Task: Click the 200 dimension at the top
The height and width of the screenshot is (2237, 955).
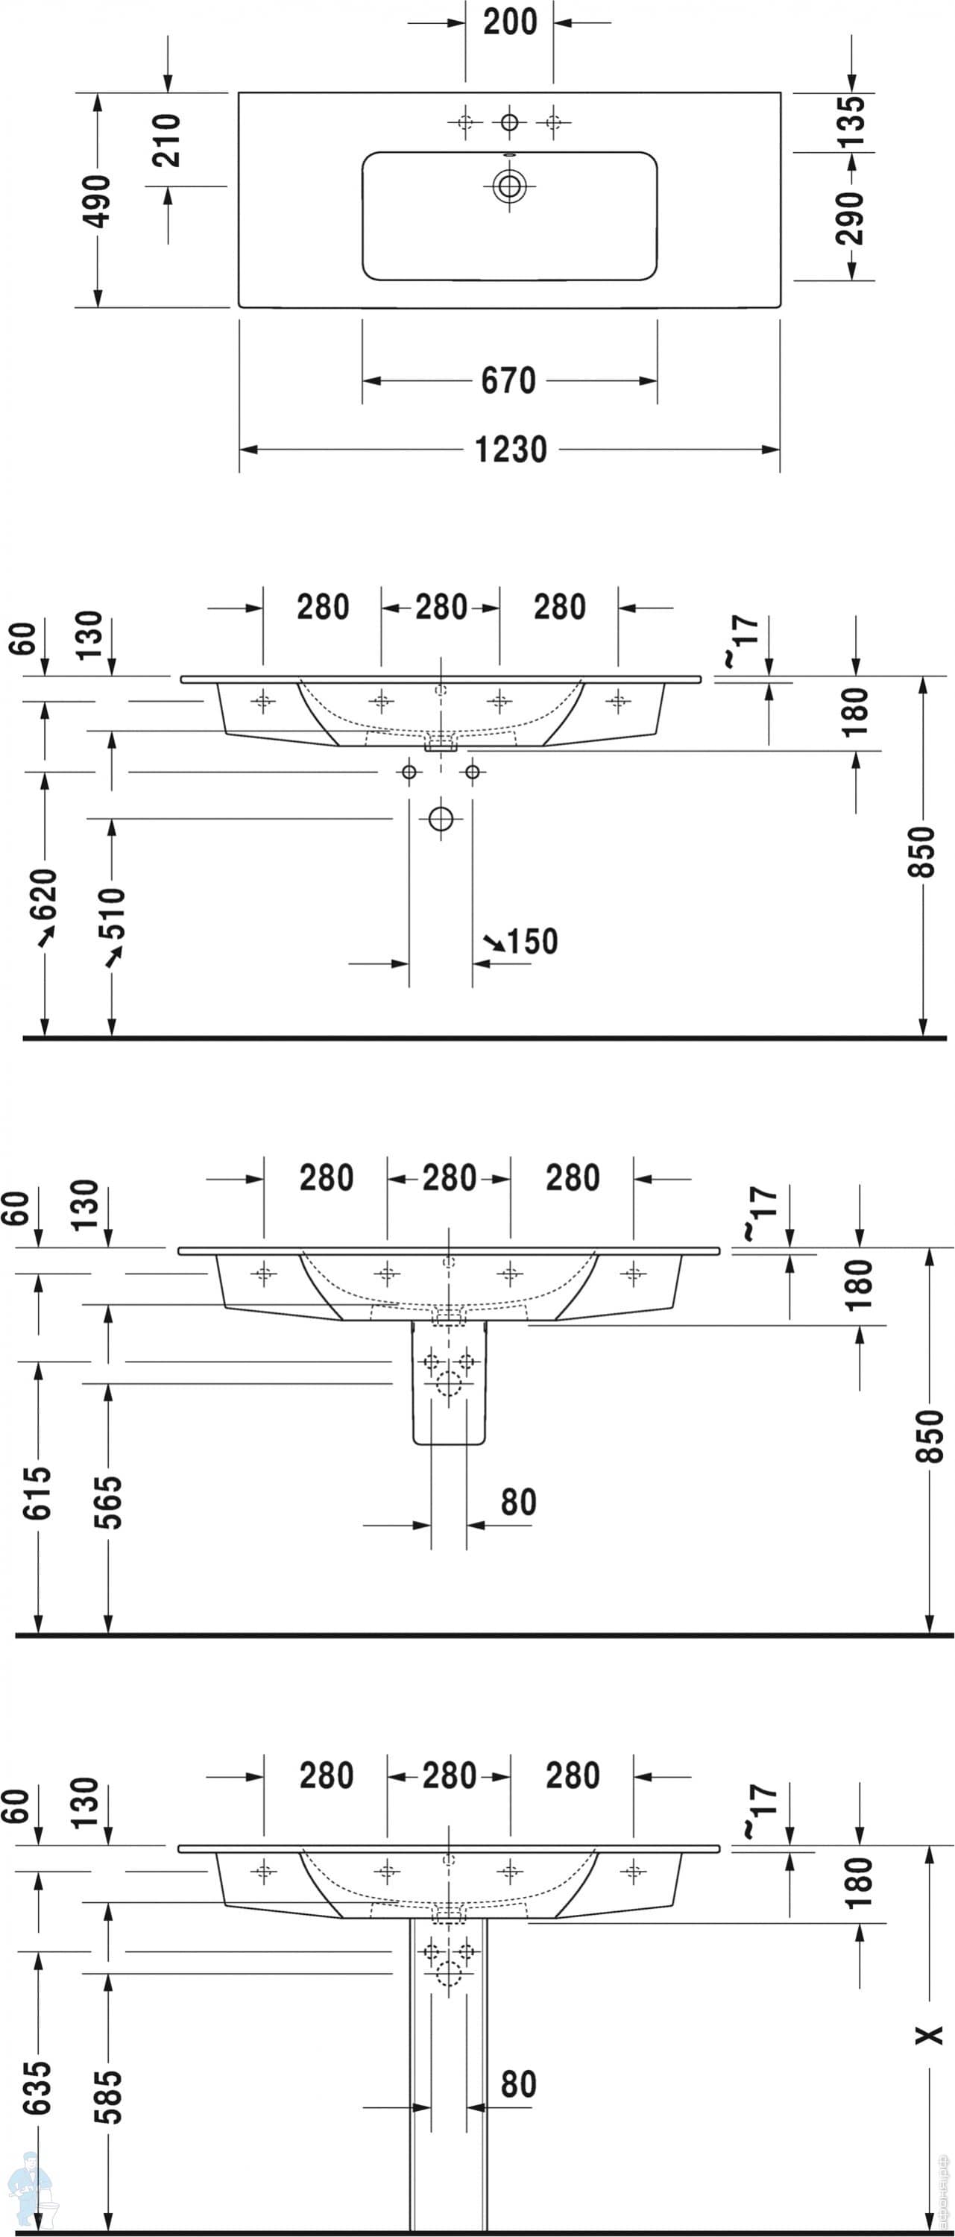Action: pos(510,22)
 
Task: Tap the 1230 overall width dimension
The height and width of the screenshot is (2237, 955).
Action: pos(511,450)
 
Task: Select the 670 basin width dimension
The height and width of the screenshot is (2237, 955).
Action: pos(508,380)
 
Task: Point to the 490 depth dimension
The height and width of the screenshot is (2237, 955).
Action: pos(96,201)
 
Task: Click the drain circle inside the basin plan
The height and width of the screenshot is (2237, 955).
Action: pos(508,186)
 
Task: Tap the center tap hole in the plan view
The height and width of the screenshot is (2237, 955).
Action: pos(508,122)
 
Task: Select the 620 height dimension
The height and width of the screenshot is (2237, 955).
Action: pos(43,895)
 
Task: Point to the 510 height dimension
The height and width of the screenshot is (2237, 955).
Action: pos(112,913)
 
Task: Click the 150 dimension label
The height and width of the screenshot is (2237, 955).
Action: pos(532,941)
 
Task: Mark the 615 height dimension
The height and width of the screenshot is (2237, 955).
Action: pos(37,1493)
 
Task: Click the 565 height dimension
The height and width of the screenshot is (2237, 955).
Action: pos(107,1502)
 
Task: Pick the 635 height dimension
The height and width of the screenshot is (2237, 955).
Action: pos(37,2089)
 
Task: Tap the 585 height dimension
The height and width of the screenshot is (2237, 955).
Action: pos(107,2097)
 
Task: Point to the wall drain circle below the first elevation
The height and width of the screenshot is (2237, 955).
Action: pos(441,819)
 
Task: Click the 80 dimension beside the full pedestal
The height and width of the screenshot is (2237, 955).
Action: pos(518,2083)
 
